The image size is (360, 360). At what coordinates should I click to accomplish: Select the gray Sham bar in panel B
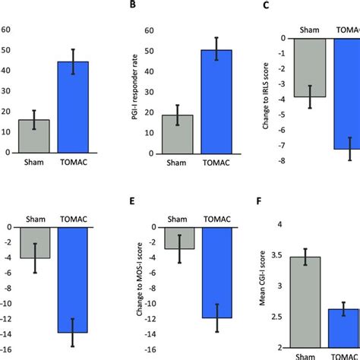pos(176,134)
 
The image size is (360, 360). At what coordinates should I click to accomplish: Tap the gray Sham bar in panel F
pos(305,302)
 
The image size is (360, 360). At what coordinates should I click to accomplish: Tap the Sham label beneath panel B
pos(176,163)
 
